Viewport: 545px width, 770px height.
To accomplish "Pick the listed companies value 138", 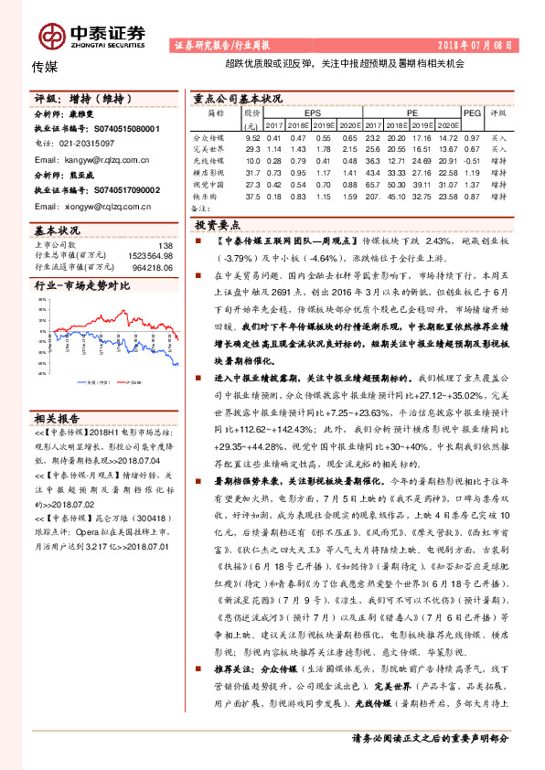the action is [165, 245].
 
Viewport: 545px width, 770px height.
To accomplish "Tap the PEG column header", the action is [471, 113].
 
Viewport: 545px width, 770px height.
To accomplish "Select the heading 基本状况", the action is [57, 231].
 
